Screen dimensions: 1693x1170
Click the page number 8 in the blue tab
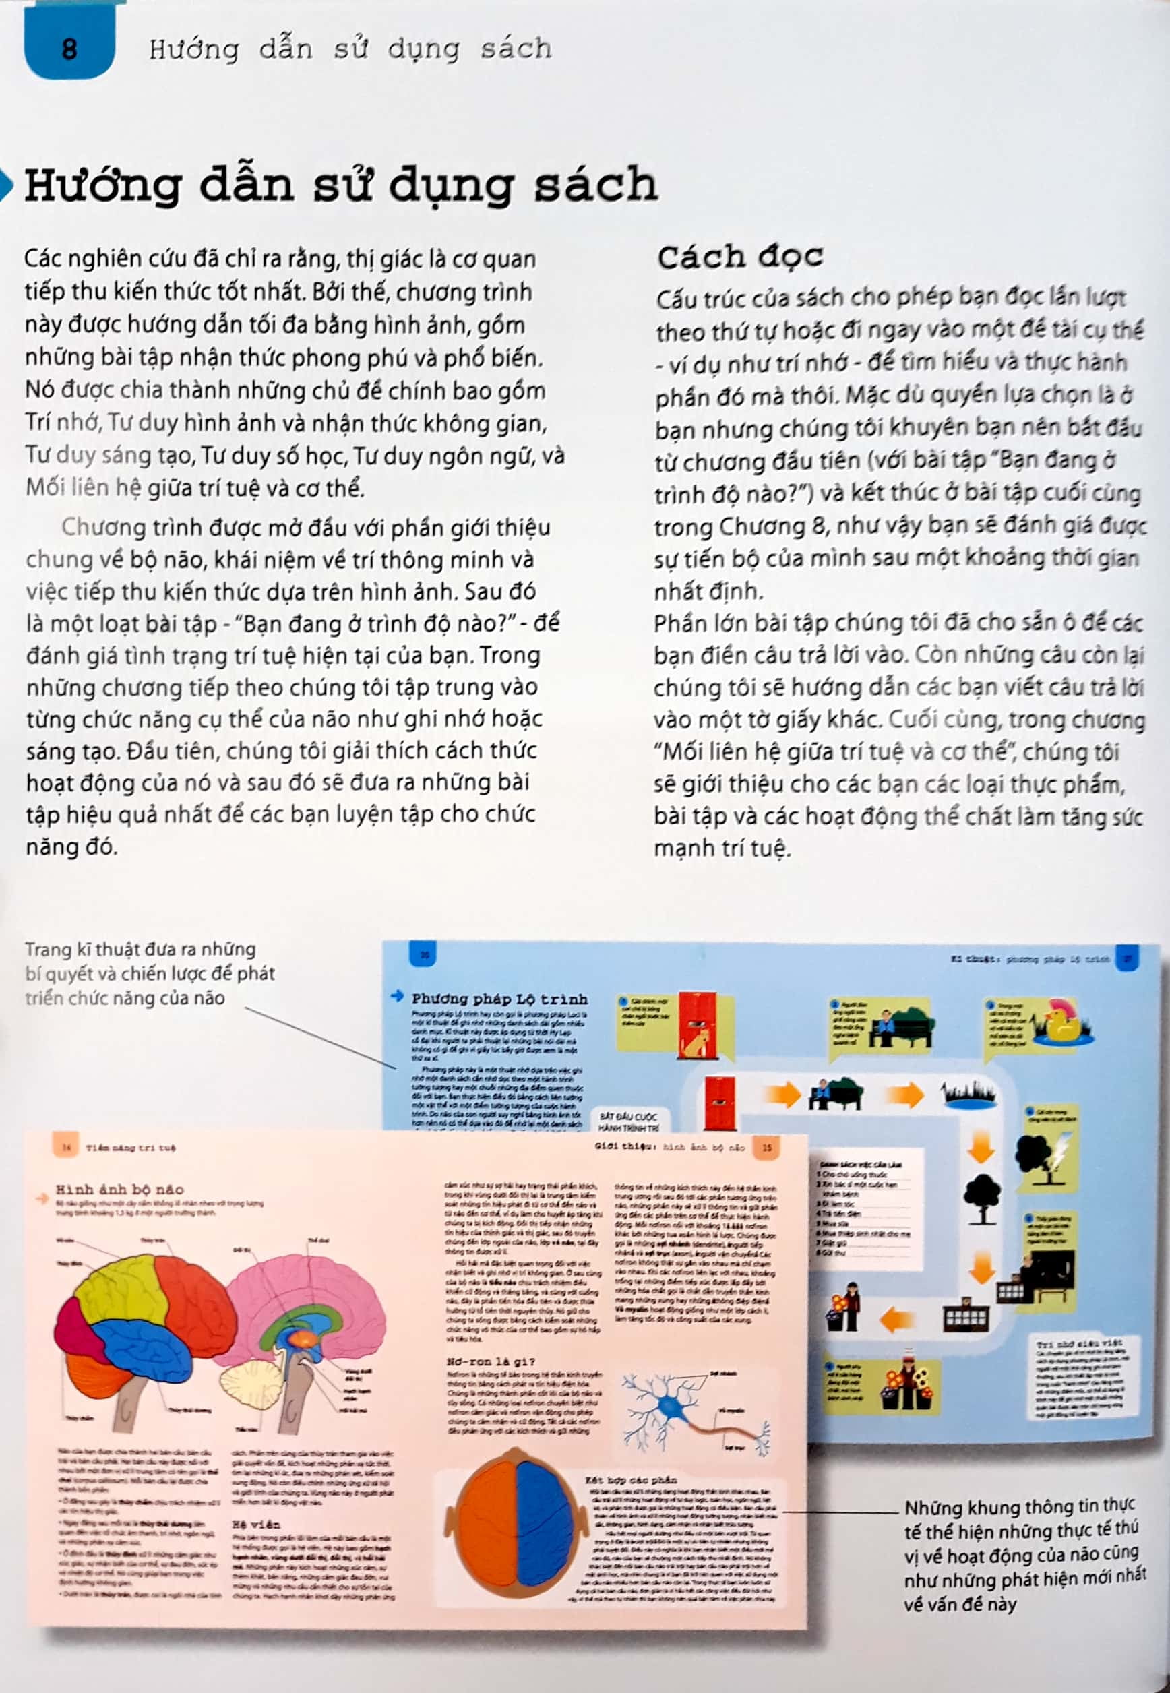click(x=69, y=49)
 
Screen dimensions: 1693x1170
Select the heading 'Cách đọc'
click(x=740, y=257)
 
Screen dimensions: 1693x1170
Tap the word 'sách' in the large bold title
click(x=594, y=184)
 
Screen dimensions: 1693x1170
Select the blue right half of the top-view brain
click(x=549, y=1522)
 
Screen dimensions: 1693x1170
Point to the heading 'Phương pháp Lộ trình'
click(x=499, y=999)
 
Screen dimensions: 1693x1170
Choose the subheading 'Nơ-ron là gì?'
click(x=491, y=1361)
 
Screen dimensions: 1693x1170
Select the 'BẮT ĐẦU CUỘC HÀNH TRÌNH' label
click(x=628, y=1122)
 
